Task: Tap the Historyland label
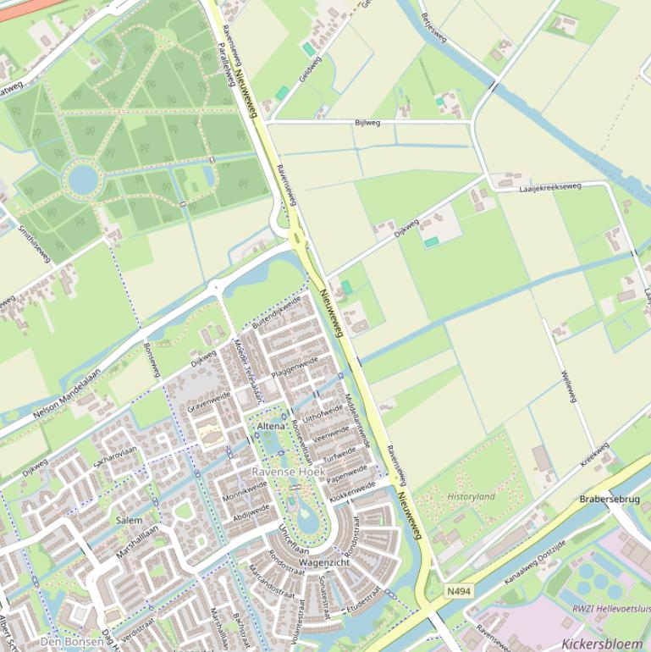pyautogui.click(x=472, y=496)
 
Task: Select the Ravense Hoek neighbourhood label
pyautogui.click(x=289, y=471)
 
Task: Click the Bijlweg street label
pyautogui.click(x=367, y=123)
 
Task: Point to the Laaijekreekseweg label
pyautogui.click(x=550, y=186)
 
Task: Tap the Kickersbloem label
pyautogui.click(x=601, y=644)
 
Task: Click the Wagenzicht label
pyautogui.click(x=324, y=562)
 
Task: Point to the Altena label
pyautogui.click(x=271, y=426)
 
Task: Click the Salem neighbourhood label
pyautogui.click(x=129, y=520)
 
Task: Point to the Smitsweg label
pyautogui.click(x=35, y=244)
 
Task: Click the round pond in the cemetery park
pyautogui.click(x=83, y=180)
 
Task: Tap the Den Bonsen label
pyautogui.click(x=71, y=642)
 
